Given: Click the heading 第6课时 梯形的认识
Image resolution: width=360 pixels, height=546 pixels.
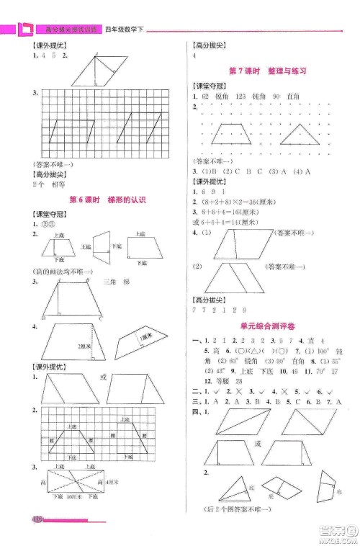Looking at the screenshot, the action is (106, 200).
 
